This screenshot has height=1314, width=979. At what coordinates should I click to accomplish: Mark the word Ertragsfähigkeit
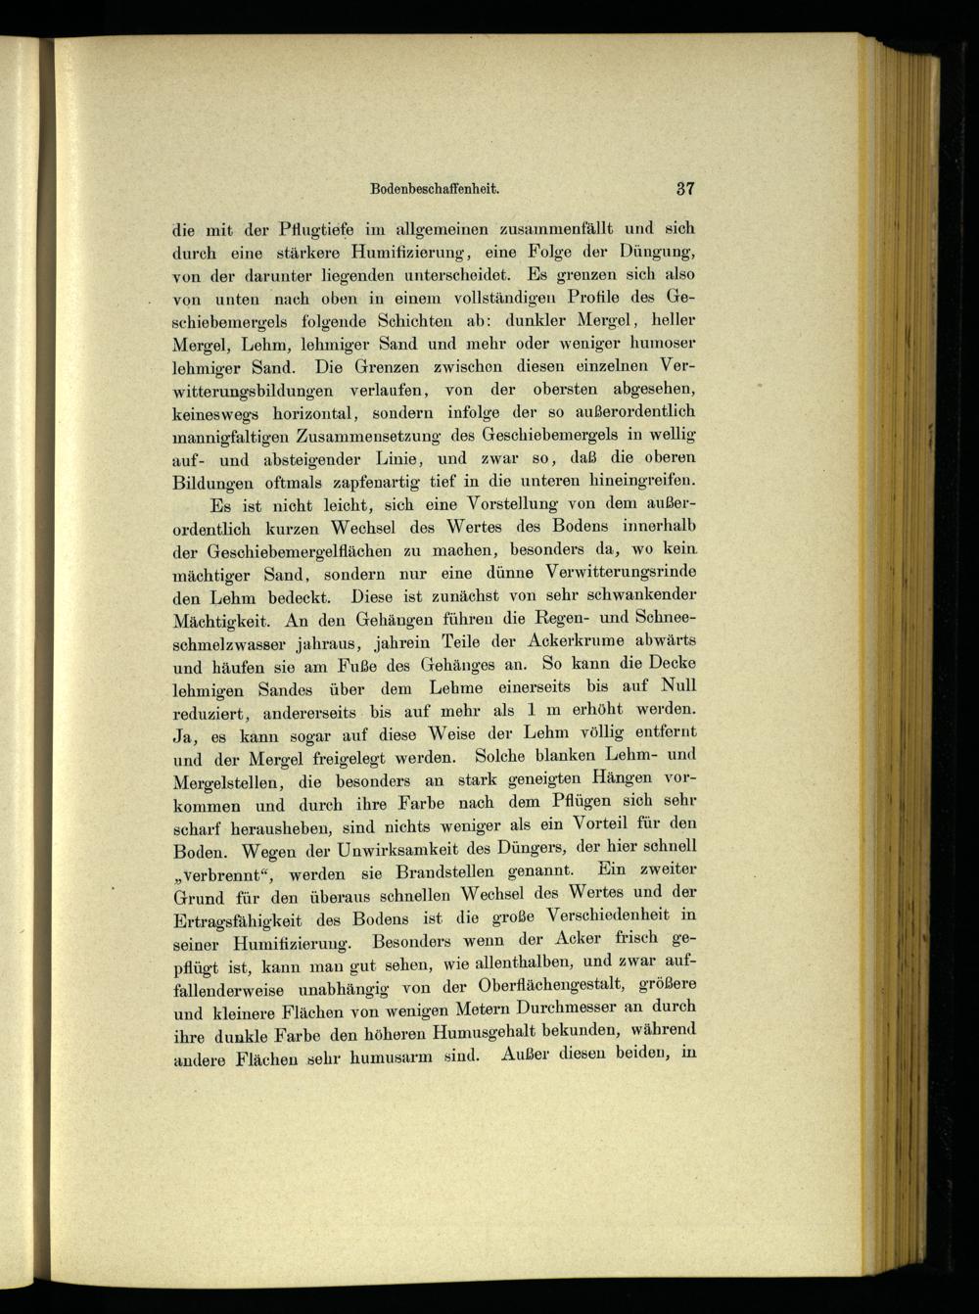click(x=248, y=921)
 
